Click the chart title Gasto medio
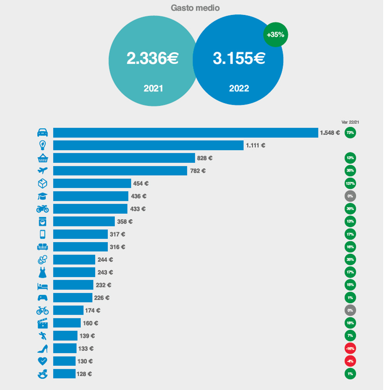pos(195,8)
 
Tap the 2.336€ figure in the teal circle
pos(153,59)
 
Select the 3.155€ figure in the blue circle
pos(239,59)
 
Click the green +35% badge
pos(275,34)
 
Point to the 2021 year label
pos(153,88)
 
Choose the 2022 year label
pos(239,88)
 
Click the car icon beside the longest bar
pos(42,133)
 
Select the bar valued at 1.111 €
pos(148,145)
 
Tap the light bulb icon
pos(42,145)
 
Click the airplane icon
pos(42,171)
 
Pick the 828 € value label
pos(205,158)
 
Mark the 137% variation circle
pos(350,183)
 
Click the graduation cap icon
pos(42,196)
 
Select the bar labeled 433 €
pos(90,209)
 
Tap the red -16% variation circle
pos(350,348)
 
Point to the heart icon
pos(42,361)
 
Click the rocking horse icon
pos(42,374)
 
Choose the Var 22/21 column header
pos(350,122)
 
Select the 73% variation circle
pos(350,133)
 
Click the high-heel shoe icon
pos(42,348)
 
